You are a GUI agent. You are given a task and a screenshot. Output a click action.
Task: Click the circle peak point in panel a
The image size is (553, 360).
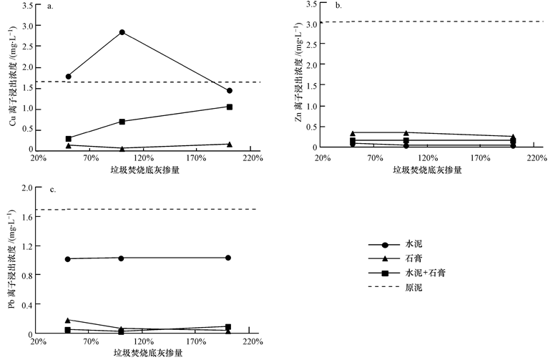tap(122, 32)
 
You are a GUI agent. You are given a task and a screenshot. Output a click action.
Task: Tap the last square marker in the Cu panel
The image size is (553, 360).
tap(229, 107)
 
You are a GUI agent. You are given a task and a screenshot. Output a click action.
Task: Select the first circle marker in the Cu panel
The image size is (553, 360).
tap(68, 77)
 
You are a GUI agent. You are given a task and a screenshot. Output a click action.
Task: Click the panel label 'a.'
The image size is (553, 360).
tap(50, 7)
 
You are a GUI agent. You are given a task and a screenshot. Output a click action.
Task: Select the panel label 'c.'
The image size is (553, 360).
tap(50, 190)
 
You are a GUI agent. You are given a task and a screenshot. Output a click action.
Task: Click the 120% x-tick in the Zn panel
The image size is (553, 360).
tap(428, 157)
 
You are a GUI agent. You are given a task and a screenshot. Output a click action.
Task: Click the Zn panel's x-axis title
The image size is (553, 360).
tap(426, 170)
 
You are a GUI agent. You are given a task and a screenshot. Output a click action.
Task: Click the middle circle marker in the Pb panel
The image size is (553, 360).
tap(122, 258)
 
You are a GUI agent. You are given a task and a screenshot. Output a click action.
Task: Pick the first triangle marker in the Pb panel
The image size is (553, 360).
tap(68, 320)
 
